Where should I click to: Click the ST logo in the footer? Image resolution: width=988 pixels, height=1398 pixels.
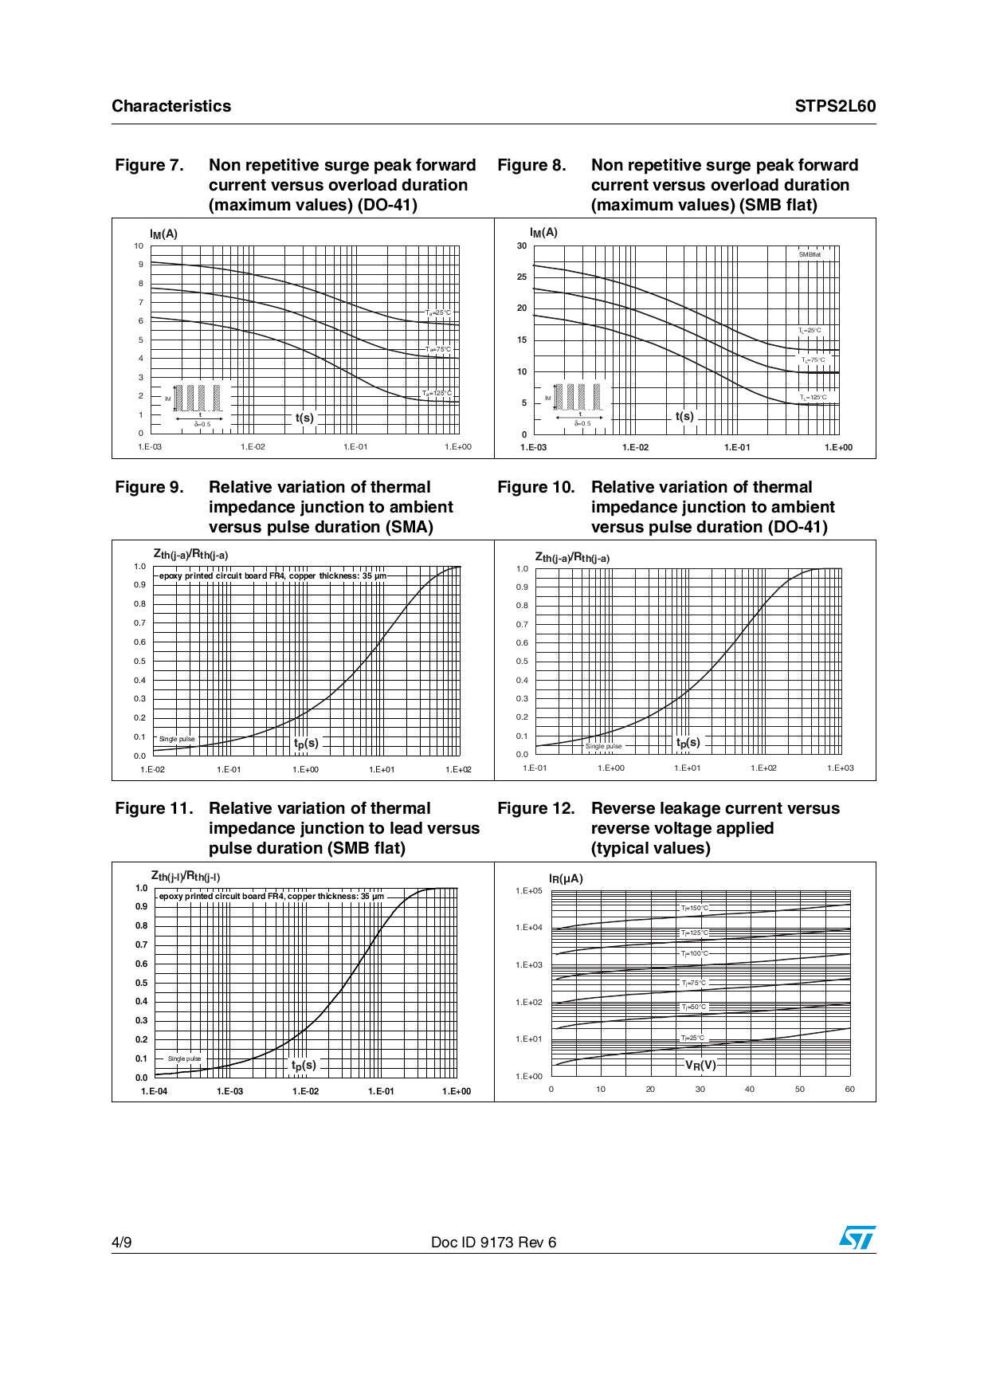(x=857, y=1238)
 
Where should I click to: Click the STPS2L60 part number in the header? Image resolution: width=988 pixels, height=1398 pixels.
(x=835, y=106)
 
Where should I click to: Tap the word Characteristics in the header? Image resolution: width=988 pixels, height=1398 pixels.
(x=171, y=106)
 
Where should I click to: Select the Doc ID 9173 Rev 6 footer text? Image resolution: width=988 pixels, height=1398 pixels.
(x=493, y=1242)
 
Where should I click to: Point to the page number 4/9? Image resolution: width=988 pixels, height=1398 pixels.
(x=122, y=1242)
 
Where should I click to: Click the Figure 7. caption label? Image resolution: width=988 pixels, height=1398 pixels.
(x=149, y=165)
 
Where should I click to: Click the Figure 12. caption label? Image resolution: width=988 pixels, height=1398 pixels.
(x=535, y=808)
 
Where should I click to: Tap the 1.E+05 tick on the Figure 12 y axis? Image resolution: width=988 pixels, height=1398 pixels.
(x=529, y=890)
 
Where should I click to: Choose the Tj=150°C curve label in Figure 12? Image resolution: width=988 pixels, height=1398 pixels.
(x=694, y=908)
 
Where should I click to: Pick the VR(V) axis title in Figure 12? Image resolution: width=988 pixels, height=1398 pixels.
(x=700, y=1065)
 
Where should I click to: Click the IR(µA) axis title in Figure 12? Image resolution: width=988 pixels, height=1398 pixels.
(x=566, y=878)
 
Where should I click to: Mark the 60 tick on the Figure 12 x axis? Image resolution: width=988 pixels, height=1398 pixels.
(x=849, y=1089)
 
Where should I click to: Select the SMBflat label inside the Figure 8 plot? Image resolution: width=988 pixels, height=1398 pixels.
(x=810, y=254)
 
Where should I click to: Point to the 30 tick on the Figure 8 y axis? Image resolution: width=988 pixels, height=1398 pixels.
(x=522, y=245)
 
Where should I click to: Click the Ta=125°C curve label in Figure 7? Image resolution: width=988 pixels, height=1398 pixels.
(x=437, y=393)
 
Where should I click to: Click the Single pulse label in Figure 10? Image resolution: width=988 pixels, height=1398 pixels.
(x=603, y=746)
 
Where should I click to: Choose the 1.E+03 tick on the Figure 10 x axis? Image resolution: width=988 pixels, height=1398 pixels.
(x=840, y=768)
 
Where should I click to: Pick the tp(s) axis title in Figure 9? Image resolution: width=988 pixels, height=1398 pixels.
(x=306, y=743)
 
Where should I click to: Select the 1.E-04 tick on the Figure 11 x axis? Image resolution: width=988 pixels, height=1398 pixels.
(x=154, y=1091)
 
